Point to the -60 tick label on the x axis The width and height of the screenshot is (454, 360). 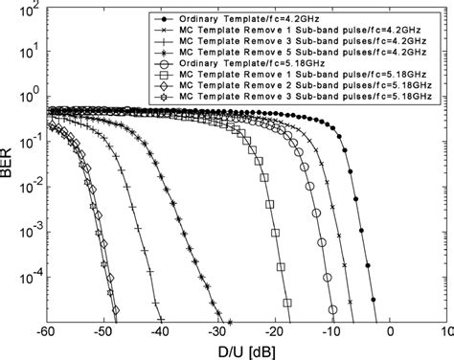(57, 332)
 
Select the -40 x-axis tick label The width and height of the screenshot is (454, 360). (169, 332)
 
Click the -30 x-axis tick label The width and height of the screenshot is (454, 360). (223, 332)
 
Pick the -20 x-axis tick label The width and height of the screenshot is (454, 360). (279, 332)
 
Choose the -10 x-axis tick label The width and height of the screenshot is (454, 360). (334, 332)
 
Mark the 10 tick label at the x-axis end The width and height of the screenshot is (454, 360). (443, 332)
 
